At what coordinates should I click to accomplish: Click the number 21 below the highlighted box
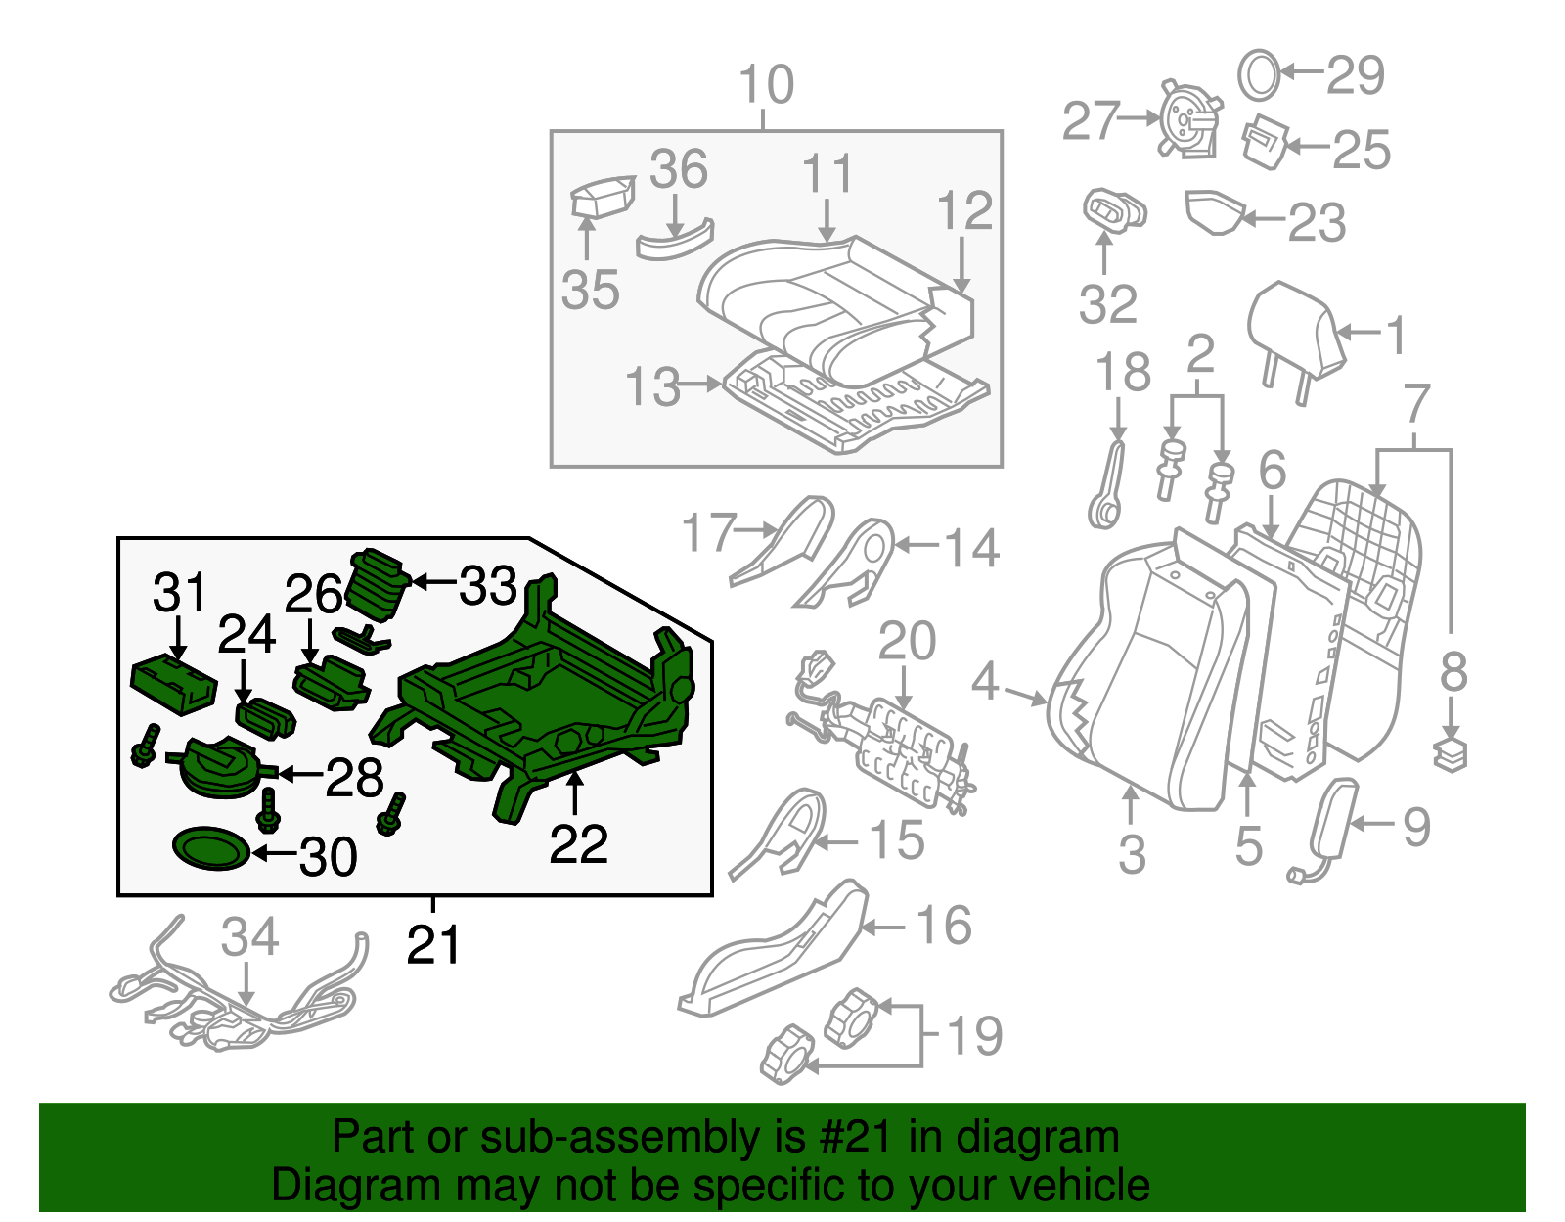(433, 945)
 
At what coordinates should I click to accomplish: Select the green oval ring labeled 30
(210, 849)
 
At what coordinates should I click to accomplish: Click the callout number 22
(578, 844)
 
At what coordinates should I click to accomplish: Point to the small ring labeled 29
(1259, 74)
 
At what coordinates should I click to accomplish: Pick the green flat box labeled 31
(173, 683)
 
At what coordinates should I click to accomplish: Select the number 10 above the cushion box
(766, 85)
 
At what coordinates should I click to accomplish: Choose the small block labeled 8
(1452, 754)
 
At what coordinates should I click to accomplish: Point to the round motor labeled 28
(221, 767)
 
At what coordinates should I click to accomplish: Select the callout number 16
(943, 926)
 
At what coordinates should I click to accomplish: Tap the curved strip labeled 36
(675, 241)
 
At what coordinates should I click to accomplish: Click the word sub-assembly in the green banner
(597, 1138)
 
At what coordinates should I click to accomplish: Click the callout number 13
(652, 386)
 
